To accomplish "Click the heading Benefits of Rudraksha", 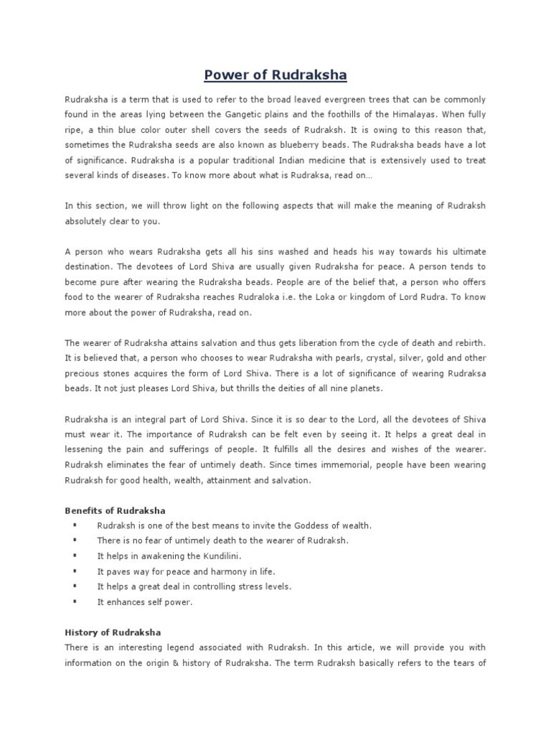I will [115, 510].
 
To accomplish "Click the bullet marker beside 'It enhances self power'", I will [74, 602].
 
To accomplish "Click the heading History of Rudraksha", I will [113, 632].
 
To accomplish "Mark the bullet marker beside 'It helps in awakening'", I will [74, 556].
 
